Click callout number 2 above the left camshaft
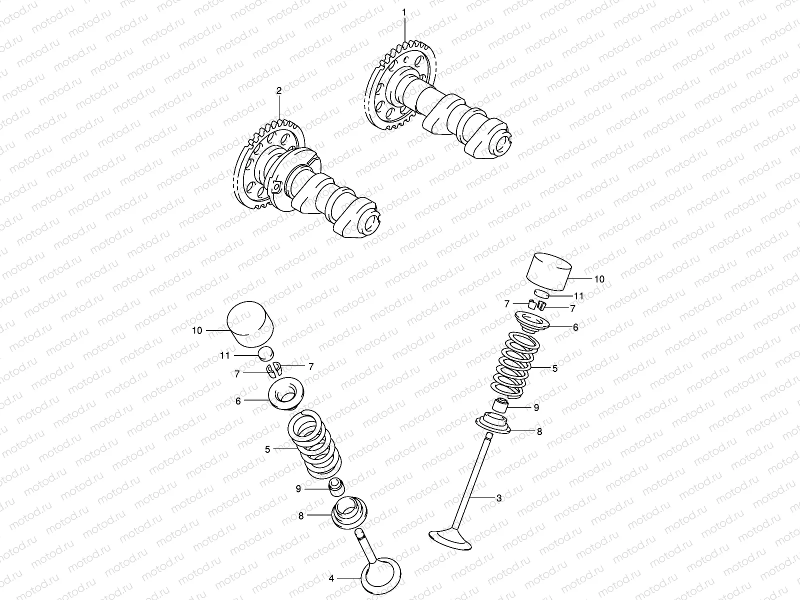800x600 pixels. pyautogui.click(x=279, y=90)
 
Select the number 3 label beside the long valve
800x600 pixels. pyautogui.click(x=498, y=497)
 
